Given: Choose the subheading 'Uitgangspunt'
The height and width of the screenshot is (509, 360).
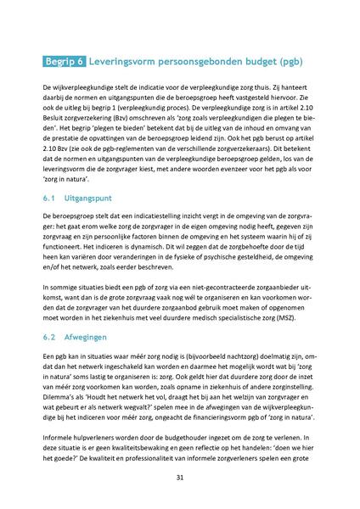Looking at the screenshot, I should (x=92, y=197).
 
